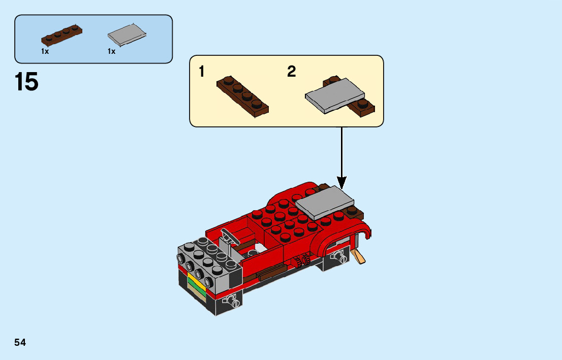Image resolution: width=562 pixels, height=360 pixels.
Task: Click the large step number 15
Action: pos(26,82)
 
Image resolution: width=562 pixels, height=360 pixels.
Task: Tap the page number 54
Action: pos(20,343)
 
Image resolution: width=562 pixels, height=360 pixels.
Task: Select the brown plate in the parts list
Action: pos(61,35)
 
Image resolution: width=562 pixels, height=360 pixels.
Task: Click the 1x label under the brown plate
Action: pos(45,51)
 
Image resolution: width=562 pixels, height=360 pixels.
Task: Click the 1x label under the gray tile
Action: pos(111,51)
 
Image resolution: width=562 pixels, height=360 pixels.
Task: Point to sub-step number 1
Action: pos(202,72)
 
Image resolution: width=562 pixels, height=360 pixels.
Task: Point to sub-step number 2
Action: pos(291,72)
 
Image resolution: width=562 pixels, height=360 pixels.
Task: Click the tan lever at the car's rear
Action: pos(360,257)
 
